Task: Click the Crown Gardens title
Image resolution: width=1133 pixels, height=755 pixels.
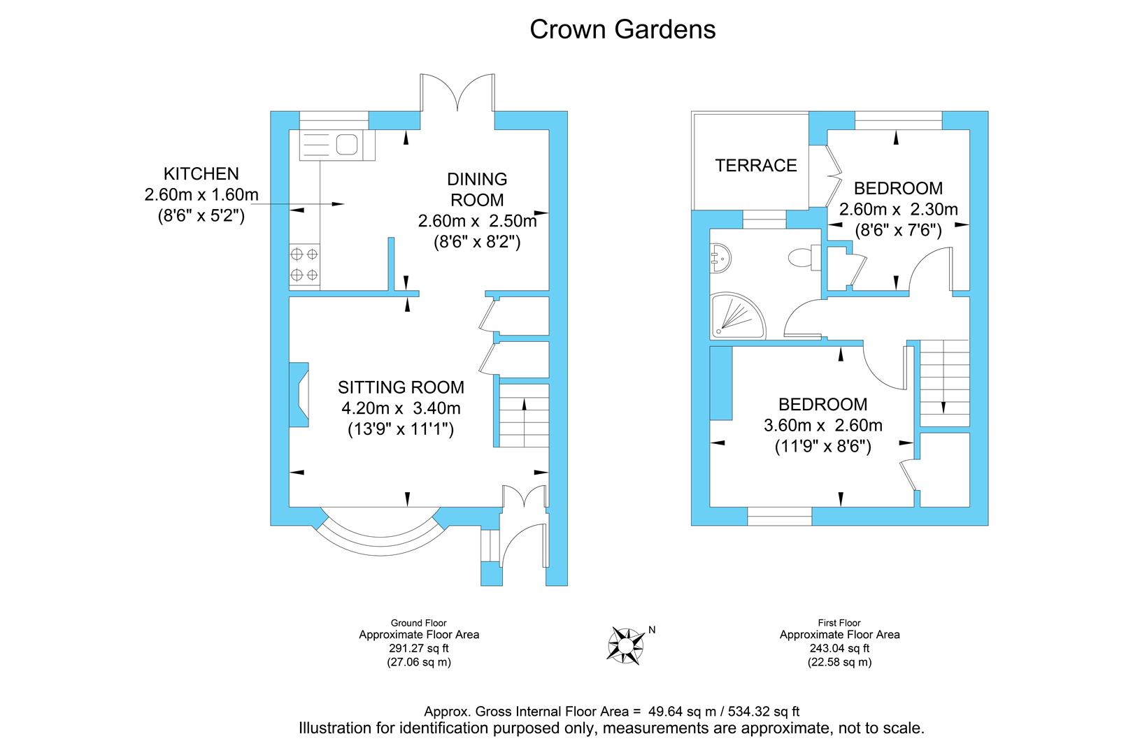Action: pyautogui.click(x=622, y=29)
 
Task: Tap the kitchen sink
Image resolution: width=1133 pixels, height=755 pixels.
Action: pyautogui.click(x=337, y=145)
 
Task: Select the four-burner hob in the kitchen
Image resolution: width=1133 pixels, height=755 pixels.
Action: pyautogui.click(x=304, y=264)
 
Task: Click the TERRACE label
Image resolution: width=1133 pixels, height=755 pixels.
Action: pyautogui.click(x=755, y=166)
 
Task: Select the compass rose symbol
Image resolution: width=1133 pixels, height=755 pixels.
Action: pyautogui.click(x=626, y=645)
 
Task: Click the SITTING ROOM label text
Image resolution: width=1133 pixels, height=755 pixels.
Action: pyautogui.click(x=401, y=387)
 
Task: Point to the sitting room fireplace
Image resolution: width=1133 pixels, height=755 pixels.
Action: pyautogui.click(x=299, y=394)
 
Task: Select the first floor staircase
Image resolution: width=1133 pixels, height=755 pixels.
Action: pyautogui.click(x=944, y=383)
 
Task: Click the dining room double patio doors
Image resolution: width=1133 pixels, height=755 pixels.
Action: pyautogui.click(x=457, y=92)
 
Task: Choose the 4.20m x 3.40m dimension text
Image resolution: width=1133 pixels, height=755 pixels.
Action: pyautogui.click(x=401, y=408)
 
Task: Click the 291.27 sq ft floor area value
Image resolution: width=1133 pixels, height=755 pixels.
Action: pyautogui.click(x=419, y=648)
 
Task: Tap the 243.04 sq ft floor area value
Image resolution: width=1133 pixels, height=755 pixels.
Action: pyautogui.click(x=840, y=648)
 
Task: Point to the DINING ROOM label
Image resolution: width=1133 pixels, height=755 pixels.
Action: pyautogui.click(x=477, y=189)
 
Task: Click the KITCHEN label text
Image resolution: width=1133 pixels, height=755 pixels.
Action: pyautogui.click(x=201, y=174)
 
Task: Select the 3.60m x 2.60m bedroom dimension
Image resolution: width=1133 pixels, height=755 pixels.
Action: pyautogui.click(x=823, y=425)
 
